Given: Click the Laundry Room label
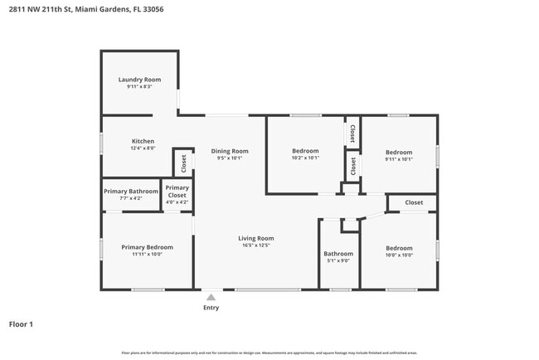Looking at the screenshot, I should [139, 80].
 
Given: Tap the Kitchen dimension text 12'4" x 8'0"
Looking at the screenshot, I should [143, 148].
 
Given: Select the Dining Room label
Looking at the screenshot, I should [230, 151].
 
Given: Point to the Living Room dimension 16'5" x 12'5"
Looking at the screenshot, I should [256, 246].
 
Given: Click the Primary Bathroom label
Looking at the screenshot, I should [131, 192].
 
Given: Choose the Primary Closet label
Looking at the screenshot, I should [177, 192].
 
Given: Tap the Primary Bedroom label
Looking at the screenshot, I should [148, 247].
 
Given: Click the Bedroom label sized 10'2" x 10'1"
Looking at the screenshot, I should [305, 151].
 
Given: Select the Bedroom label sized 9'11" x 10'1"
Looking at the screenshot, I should [399, 152].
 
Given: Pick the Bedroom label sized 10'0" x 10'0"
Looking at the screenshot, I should [399, 247].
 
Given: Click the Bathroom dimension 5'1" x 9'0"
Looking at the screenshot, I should [338, 261].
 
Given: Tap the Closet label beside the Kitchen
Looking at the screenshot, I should [184, 163].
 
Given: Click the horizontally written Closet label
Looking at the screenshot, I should [414, 202].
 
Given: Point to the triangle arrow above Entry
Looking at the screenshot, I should [212, 296].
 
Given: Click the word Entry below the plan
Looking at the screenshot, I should [212, 307].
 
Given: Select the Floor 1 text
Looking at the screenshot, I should [21, 324].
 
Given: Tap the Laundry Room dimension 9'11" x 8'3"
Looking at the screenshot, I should [139, 87].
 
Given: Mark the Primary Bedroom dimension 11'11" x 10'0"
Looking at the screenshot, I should [148, 255].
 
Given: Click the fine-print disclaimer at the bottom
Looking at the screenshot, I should [269, 353].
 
